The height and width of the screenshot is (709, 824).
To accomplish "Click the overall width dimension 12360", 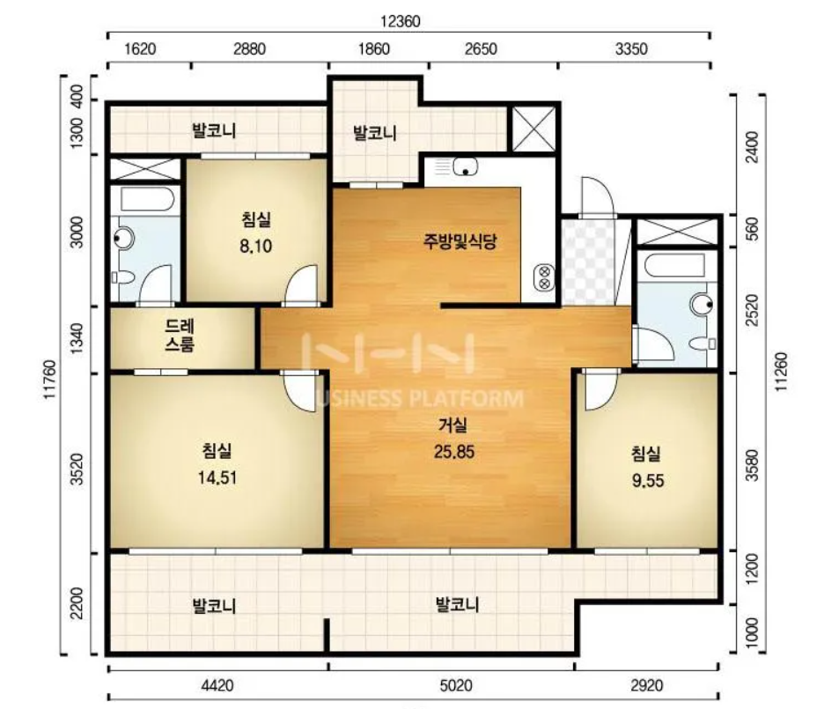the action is (x=401, y=21).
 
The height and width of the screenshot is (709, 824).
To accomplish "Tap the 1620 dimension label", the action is (x=140, y=49).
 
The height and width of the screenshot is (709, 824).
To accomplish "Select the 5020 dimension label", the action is (x=456, y=685).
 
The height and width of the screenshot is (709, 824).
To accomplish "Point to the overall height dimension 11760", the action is (x=49, y=379).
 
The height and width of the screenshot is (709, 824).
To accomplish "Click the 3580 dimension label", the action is (x=753, y=465).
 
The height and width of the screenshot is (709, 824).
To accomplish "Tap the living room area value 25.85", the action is (x=454, y=452).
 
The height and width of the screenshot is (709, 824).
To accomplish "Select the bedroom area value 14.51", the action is (x=217, y=477).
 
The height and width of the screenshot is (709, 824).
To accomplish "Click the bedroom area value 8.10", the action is (x=256, y=246).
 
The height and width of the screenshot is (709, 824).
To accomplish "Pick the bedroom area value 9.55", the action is (x=648, y=480).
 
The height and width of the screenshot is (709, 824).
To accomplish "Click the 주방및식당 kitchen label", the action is (x=460, y=241).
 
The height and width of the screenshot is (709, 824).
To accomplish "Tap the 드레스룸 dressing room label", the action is (x=180, y=336).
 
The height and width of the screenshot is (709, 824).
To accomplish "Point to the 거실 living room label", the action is (x=453, y=425).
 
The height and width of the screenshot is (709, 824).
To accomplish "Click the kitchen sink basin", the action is (x=465, y=166).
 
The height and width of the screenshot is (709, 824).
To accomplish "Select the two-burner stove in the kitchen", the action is (x=544, y=277).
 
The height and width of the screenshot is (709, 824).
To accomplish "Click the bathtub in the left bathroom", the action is (x=147, y=199).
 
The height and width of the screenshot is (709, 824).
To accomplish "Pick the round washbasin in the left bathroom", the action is (x=124, y=239).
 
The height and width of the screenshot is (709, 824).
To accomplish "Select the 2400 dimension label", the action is (x=753, y=147).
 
